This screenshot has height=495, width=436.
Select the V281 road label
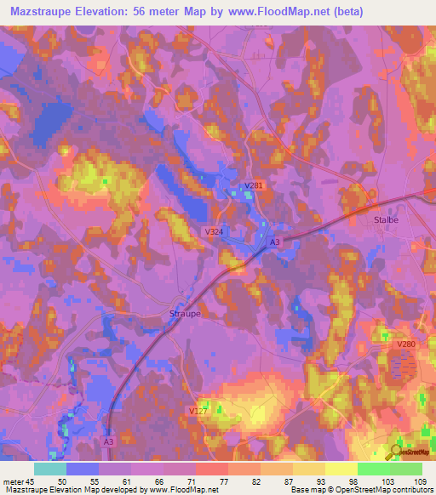[x=254, y=186]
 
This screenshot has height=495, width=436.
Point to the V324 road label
[x=215, y=231]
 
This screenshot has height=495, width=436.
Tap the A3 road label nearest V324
[x=274, y=242]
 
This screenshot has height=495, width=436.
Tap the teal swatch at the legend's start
[x=49, y=469]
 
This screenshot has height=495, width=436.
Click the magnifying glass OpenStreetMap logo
[x=395, y=451]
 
